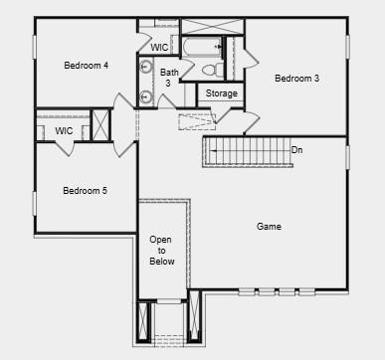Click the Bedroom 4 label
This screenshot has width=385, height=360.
pos(86,66)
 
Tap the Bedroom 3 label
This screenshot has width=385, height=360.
pos(296,79)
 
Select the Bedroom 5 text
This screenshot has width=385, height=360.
pos(85,191)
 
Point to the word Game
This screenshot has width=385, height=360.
pos(269,227)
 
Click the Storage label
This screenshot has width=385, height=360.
pos(222,93)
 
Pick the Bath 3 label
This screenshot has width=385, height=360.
pos(169,77)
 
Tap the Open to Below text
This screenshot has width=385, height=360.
pos(162,251)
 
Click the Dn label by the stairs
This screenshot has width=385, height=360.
pos(296,150)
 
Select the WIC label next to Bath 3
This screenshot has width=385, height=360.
pos(159,47)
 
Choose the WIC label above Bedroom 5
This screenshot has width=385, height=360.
pos(64,131)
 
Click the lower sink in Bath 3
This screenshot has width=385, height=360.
pos(145,96)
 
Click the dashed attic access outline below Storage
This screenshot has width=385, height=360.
pos(196,121)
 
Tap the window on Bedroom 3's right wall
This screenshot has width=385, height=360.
pos(347,50)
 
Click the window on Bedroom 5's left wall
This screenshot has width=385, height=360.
pos(35,203)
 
